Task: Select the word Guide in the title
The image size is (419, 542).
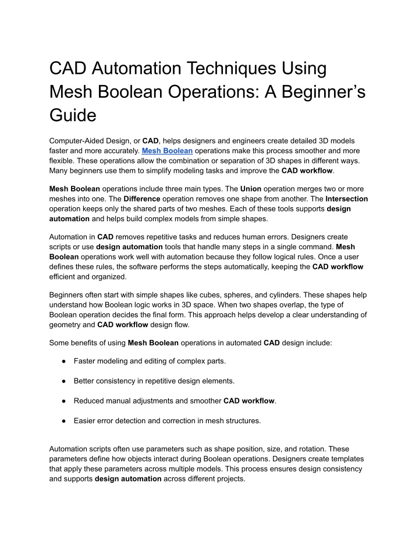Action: point(73,115)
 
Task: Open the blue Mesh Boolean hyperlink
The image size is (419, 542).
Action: point(167,150)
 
